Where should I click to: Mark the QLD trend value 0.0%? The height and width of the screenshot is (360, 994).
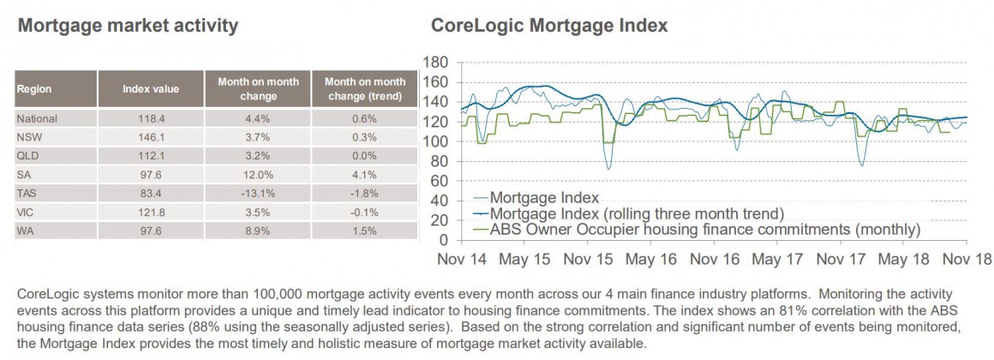click(365, 156)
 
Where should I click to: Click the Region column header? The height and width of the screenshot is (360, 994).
click(34, 88)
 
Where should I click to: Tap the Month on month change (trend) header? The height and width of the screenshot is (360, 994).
click(365, 88)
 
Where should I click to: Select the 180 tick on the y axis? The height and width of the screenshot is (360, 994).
click(438, 63)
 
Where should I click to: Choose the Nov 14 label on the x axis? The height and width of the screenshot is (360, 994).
click(463, 258)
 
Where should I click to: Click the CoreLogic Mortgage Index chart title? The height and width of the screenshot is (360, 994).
click(548, 26)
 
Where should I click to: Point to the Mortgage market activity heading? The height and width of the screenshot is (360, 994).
click(127, 26)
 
